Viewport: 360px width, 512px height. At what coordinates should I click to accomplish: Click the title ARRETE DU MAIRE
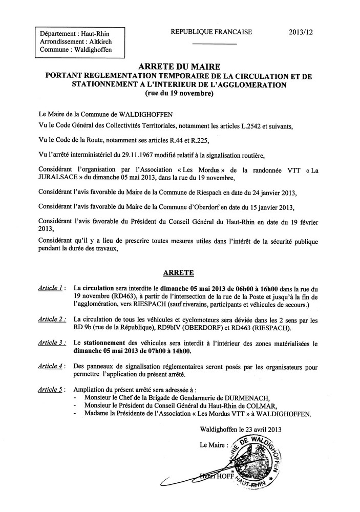(179, 67)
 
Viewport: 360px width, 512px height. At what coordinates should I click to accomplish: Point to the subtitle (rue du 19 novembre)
(179, 94)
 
